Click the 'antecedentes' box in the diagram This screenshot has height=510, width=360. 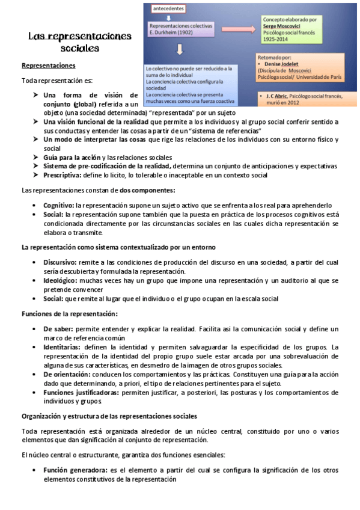click(168, 9)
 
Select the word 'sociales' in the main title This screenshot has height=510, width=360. click(80, 48)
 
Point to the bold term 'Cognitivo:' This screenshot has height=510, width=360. click(59, 205)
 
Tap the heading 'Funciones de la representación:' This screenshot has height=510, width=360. click(70, 313)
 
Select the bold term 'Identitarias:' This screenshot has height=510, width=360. click(63, 347)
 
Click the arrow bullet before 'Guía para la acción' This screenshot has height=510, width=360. click(37, 157)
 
